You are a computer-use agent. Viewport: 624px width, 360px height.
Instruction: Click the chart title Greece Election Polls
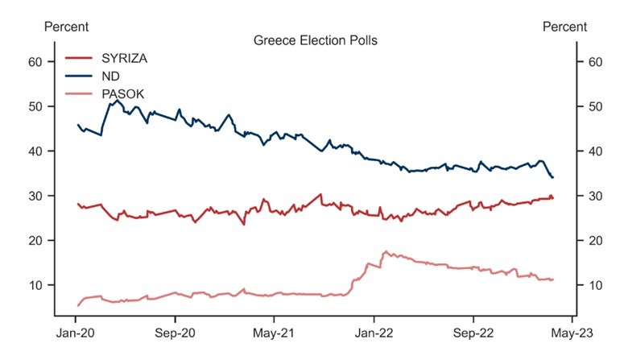[x=316, y=39]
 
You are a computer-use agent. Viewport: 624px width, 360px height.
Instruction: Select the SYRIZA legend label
[x=124, y=58]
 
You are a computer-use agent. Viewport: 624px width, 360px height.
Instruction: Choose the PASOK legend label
[x=123, y=94]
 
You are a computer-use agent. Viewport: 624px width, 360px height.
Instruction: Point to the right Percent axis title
[x=565, y=27]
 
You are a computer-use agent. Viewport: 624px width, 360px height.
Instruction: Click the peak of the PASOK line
[x=386, y=251]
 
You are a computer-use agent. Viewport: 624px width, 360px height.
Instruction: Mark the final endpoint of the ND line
[x=553, y=177]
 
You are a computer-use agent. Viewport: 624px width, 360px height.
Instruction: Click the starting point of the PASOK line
[x=77, y=305]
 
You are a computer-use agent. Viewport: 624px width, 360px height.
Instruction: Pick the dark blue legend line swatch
[x=79, y=77]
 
